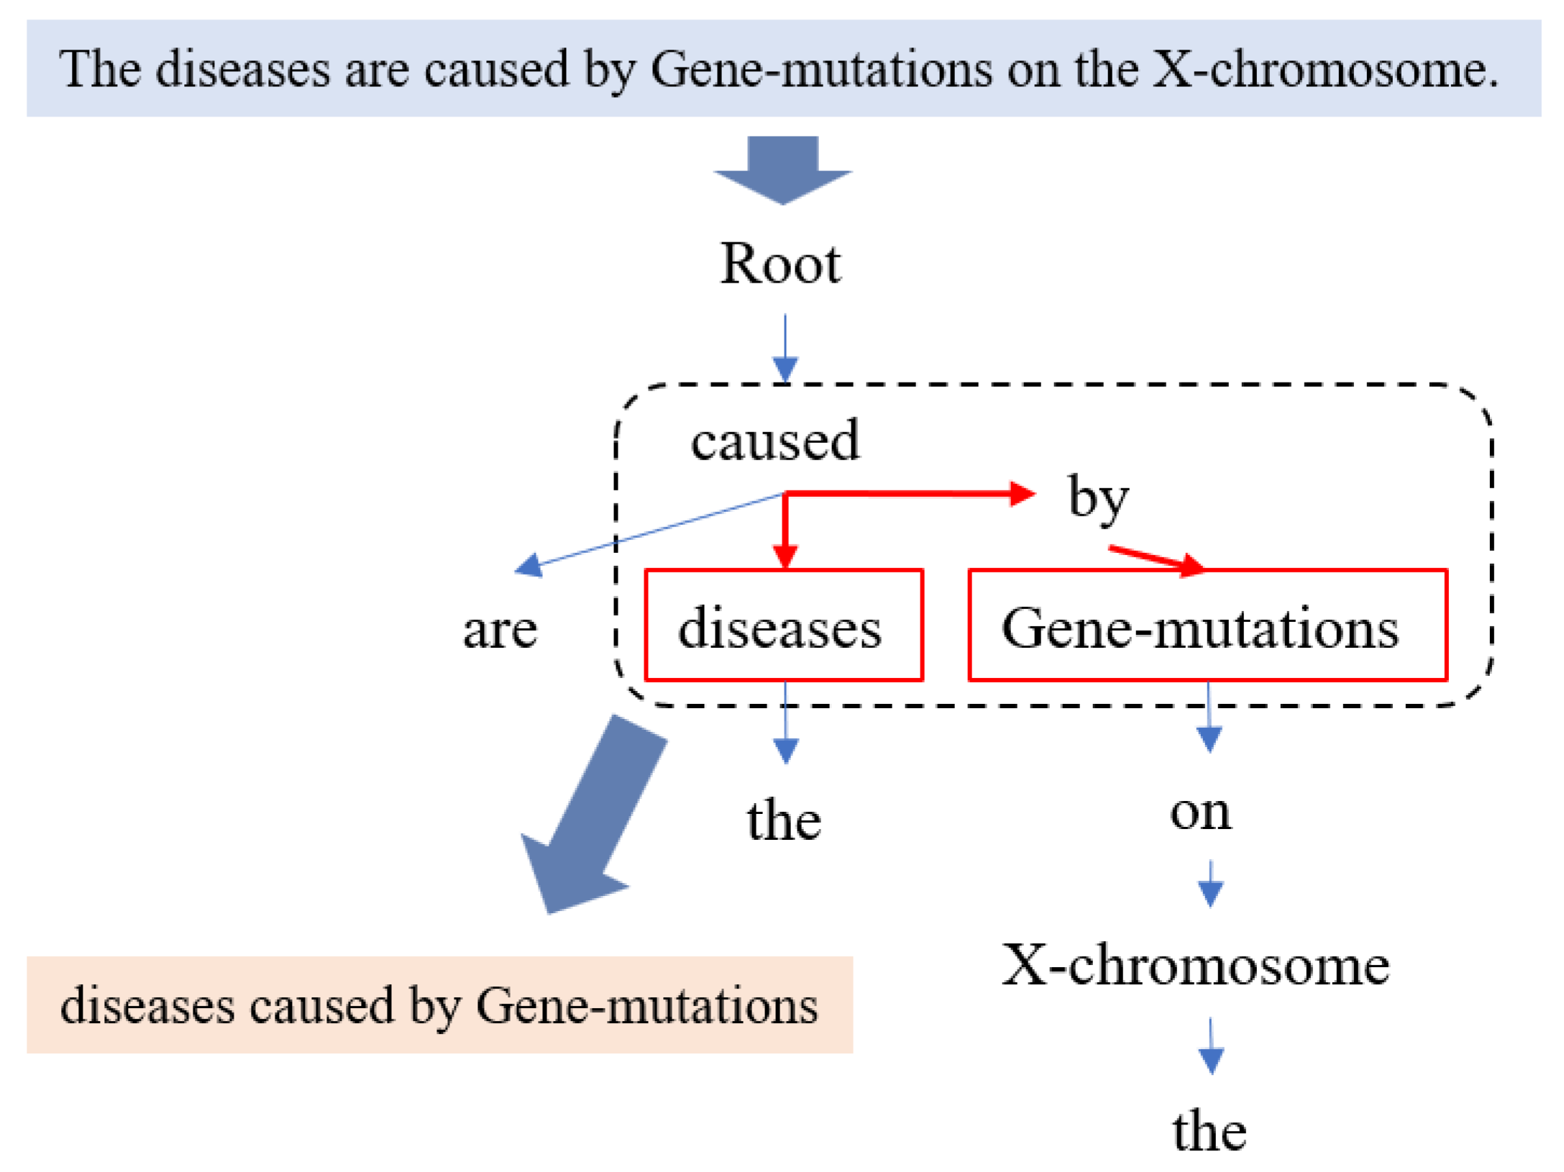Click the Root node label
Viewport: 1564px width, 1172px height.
point(779,264)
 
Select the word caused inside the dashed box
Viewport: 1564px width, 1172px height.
point(774,440)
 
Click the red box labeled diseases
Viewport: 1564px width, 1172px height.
point(783,625)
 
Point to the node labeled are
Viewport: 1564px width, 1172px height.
point(500,630)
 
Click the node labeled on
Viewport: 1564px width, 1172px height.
point(1199,812)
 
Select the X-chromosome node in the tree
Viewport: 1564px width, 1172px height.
point(1195,966)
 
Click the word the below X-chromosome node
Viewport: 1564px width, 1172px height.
point(1209,1131)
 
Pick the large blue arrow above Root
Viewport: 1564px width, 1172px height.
point(782,170)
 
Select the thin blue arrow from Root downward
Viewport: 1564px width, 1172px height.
point(785,349)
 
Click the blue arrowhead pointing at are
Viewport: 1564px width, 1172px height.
point(529,565)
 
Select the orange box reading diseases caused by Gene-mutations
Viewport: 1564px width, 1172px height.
point(439,1004)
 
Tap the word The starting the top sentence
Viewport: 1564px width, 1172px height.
point(99,69)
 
